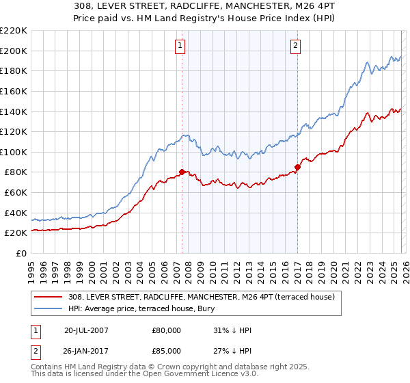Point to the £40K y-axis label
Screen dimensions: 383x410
point(16,213)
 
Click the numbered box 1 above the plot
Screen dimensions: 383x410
point(180,46)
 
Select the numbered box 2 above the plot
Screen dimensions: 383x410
point(295,46)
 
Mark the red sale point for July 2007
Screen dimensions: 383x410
point(182,172)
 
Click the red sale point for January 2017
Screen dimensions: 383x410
point(298,167)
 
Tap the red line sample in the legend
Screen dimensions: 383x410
point(49,297)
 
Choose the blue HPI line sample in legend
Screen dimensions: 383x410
point(49,308)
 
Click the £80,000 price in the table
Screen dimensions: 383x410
point(167,330)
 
